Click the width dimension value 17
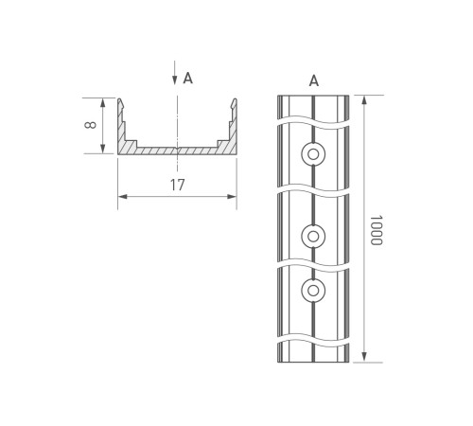pos(177,185)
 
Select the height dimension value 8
pos(91,125)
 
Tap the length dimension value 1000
pos(375,230)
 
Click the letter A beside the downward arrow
pos(188,79)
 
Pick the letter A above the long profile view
pos(313,81)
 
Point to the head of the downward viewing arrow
pos(175,82)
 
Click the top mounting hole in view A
pos(313,153)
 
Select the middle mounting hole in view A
pos(313,234)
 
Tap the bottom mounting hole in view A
pos(313,289)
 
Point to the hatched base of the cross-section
pos(177,150)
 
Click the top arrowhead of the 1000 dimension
pos(364,98)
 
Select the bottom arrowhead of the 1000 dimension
pos(364,358)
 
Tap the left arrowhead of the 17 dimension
pos(121,197)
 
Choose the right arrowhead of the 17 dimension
pos(233,197)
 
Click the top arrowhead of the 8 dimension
pos(101,100)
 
